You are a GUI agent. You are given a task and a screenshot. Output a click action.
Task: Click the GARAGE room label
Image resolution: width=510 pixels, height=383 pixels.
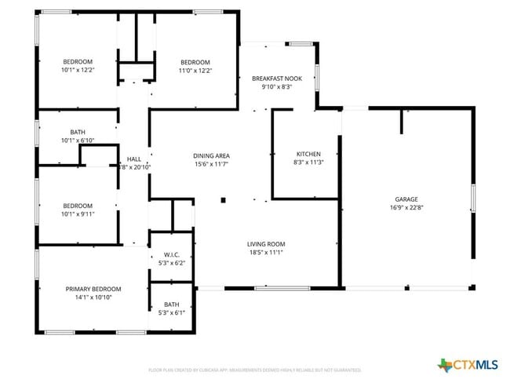[406, 199]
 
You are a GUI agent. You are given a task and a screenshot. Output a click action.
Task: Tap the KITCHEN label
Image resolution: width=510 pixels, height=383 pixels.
[308, 154]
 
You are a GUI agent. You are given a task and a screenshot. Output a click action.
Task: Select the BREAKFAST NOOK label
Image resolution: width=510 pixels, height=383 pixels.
[277, 78]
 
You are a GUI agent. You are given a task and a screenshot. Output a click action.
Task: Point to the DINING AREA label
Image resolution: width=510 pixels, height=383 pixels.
[211, 156]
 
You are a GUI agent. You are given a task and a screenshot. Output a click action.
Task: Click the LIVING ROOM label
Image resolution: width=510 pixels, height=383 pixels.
[266, 244]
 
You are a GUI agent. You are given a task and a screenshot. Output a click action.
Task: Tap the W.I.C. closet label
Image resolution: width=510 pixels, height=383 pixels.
[172, 254]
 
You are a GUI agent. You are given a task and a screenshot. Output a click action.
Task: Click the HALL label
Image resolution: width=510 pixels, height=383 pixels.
[133, 159]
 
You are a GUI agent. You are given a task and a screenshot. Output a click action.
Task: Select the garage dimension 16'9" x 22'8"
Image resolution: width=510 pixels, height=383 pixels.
[406, 208]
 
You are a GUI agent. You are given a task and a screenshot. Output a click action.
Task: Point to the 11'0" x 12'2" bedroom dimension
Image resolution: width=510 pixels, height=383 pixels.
[195, 71]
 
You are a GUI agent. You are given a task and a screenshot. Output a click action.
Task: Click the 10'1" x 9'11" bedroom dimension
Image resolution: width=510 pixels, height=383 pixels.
[78, 213]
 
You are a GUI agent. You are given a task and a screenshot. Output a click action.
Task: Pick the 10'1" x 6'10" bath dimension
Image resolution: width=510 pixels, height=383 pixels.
[78, 140]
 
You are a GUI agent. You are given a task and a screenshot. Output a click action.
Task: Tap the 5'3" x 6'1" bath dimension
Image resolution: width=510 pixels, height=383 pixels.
[172, 312]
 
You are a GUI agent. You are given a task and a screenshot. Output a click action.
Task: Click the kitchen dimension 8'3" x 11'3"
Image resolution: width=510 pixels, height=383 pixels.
[308, 162]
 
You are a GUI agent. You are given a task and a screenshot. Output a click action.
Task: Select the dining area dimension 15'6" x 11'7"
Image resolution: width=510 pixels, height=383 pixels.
[211, 165]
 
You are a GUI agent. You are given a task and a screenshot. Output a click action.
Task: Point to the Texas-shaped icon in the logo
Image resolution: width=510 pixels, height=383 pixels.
[445, 364]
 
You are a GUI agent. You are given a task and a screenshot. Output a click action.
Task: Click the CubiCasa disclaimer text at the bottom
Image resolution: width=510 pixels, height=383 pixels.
[254, 369]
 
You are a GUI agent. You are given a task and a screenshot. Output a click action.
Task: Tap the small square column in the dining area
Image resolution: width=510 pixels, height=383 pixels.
[223, 199]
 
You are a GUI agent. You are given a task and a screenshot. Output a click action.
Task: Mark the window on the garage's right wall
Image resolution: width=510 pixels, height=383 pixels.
[473, 198]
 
